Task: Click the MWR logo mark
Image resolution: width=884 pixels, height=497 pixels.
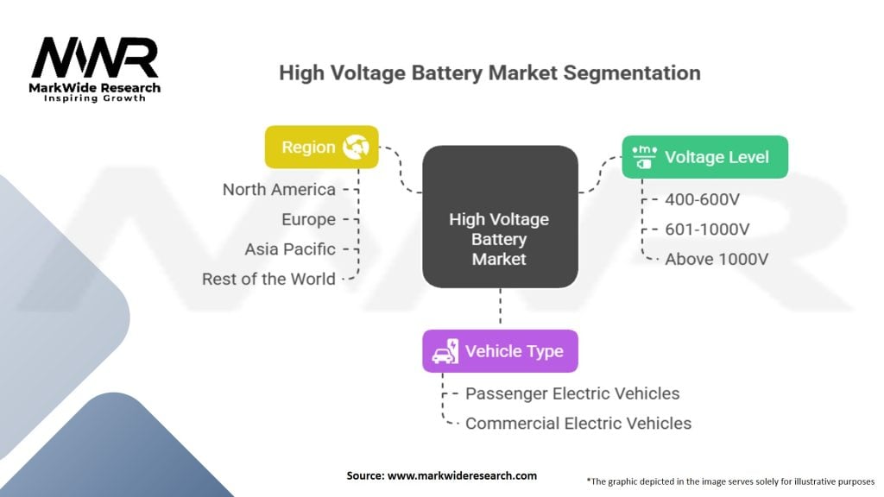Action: [x=95, y=58]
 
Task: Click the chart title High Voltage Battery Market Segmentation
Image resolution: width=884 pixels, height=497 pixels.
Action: [x=489, y=72]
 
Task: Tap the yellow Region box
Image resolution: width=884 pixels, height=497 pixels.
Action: [x=322, y=147]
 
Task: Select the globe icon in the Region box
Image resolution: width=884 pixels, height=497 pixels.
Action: [x=356, y=147]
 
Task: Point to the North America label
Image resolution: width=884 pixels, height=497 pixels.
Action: [x=279, y=189]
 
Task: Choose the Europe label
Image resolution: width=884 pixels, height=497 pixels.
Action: [x=308, y=219]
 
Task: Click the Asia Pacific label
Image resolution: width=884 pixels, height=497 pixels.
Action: [x=290, y=249]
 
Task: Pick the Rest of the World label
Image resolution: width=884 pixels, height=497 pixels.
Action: [x=268, y=279]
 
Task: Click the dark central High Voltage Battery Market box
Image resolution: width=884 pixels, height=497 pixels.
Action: [x=500, y=217]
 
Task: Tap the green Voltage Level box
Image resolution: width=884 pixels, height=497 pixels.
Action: [x=704, y=157]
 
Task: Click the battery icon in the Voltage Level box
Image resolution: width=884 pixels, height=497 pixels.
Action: [x=644, y=157]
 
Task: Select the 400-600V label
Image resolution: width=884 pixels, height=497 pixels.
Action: [x=702, y=199]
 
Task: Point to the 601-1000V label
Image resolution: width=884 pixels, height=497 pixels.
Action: [x=707, y=230]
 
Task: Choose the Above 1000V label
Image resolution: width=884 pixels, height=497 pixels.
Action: [x=717, y=259]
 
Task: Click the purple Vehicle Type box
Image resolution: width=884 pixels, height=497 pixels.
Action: [x=500, y=351]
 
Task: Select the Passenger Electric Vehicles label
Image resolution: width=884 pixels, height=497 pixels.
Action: [x=572, y=393]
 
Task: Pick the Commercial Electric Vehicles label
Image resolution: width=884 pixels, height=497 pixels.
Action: [x=578, y=423]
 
